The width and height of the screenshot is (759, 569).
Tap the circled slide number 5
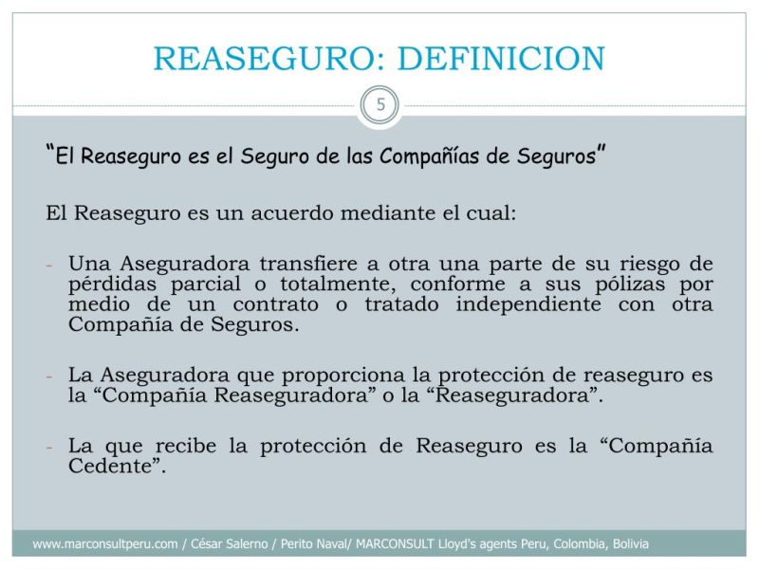click(380, 105)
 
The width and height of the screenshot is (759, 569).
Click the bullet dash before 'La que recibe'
click(52, 447)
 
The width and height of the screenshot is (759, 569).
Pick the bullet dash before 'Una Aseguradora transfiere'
click(52, 266)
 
